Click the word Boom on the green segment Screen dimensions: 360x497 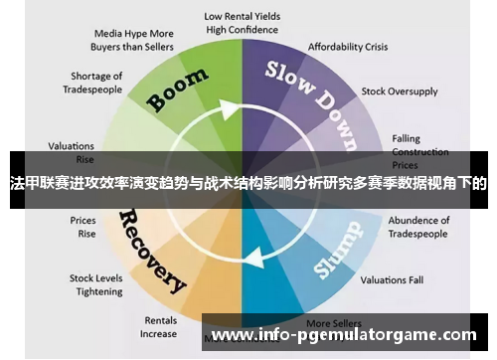tap(179, 89)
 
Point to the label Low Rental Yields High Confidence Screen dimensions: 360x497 tap(242, 23)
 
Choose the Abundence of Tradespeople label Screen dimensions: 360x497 tap(418, 227)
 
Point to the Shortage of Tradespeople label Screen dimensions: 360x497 tap(96, 83)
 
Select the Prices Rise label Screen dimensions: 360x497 tap(83, 227)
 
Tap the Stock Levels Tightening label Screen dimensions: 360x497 tap(95, 284)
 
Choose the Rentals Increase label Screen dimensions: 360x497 tap(158, 327)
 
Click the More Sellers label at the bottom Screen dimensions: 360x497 tap(332, 323)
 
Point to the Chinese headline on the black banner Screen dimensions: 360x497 tap(248, 183)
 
